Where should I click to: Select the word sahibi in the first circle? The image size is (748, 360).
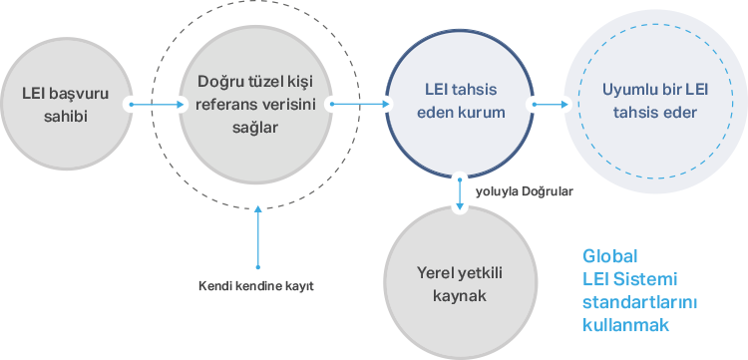[66, 117]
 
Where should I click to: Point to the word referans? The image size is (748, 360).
[223, 105]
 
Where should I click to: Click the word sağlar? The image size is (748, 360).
[255, 128]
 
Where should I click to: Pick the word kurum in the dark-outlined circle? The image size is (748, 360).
[479, 113]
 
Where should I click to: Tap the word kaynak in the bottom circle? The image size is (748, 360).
[460, 296]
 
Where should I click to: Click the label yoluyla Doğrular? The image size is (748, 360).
[525, 191]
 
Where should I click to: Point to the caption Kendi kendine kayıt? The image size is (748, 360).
[256, 287]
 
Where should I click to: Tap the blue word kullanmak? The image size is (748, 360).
[626, 325]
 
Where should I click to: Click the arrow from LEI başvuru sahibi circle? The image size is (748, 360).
[157, 104]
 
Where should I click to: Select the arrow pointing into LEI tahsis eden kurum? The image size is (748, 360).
[360, 104]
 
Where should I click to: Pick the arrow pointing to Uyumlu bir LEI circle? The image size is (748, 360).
[551, 104]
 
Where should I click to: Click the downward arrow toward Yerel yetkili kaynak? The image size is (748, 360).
[460, 194]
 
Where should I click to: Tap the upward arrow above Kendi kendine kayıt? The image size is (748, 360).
[258, 237]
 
